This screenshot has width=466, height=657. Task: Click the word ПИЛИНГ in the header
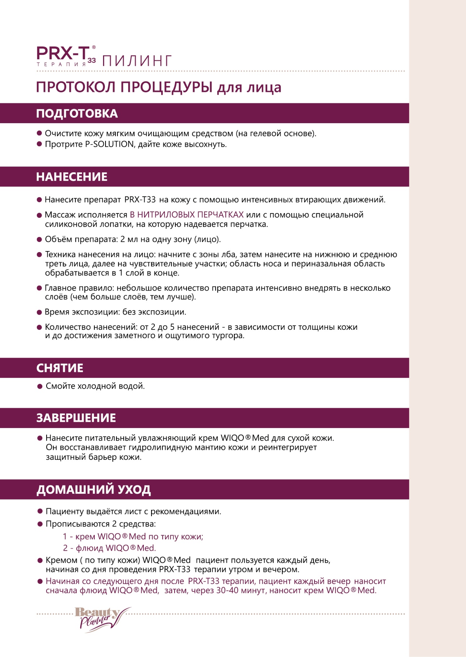click(137, 61)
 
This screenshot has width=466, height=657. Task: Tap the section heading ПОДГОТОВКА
click(77, 113)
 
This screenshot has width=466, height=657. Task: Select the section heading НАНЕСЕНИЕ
click(72, 177)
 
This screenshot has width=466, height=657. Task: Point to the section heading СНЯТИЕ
click(60, 368)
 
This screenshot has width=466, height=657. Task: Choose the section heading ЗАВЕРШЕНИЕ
click(76, 418)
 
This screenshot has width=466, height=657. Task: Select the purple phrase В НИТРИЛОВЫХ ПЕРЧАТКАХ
click(187, 215)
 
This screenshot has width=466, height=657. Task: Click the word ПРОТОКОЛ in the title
click(76, 87)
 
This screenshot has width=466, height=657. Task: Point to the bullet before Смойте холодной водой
click(40, 386)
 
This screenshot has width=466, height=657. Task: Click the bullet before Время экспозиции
click(39, 312)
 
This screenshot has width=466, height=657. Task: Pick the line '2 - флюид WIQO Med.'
click(109, 548)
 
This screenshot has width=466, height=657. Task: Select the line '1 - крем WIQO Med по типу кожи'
click(133, 536)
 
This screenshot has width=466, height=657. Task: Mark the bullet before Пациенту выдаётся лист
click(40, 511)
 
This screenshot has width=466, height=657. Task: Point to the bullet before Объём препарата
click(39, 239)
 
